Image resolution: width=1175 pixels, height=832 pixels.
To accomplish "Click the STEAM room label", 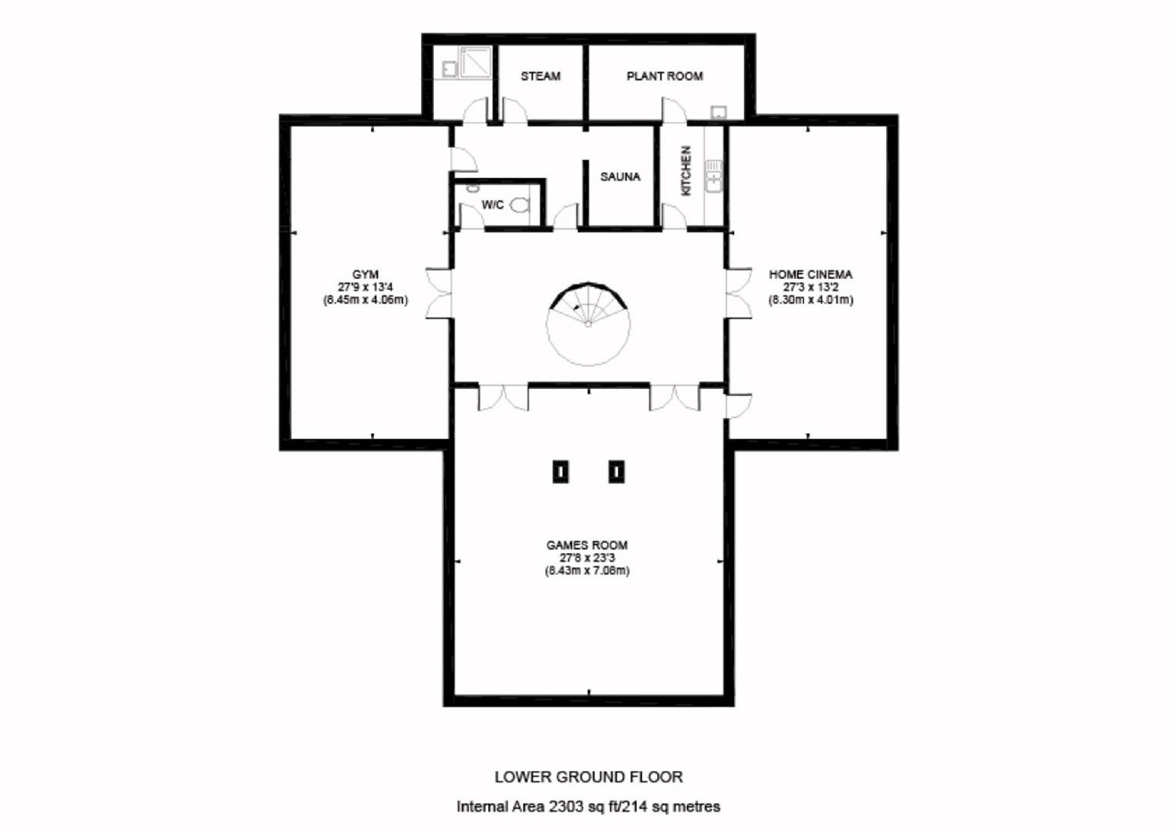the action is pos(540,76).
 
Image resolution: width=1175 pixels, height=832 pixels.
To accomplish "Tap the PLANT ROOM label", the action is pos(665,76).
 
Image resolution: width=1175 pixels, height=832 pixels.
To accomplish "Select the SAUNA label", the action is pos(620,176).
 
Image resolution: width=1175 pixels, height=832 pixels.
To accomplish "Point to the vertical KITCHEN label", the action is pos(685,171).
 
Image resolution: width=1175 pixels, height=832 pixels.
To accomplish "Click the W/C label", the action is pos(493,205).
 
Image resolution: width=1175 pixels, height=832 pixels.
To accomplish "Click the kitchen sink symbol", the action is pos(714,176).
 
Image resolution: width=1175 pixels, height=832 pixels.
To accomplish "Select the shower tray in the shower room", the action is pos(476,63).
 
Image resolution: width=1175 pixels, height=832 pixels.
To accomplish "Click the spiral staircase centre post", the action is pos(588,324).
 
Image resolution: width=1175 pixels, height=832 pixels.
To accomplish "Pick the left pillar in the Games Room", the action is pos(561,471).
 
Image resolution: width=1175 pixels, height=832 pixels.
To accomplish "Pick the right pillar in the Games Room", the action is pos(616,471).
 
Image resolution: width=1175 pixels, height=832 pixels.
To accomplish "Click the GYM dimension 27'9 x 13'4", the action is pos(365,287).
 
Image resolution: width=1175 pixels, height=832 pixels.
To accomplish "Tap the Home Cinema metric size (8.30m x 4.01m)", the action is pos(810,300).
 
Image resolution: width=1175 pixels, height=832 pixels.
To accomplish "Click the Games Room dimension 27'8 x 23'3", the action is pos(587,558).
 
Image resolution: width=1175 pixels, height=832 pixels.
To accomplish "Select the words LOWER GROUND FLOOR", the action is pos(588,777).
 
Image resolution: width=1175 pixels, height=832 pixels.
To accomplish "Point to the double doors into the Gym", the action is pos(439,294).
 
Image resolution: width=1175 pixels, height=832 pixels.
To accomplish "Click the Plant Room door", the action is pos(674,110).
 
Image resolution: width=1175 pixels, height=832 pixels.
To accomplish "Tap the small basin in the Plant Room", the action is pos(719,112).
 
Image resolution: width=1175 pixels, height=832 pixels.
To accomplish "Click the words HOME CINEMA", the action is pos(810,274).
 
